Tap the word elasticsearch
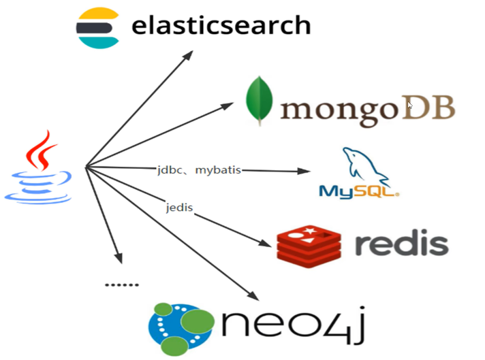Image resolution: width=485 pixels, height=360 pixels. [x=221, y=26]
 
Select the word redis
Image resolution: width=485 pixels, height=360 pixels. [x=403, y=243]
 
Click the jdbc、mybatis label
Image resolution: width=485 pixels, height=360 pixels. [x=198, y=169]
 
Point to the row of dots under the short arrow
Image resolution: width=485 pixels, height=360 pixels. [x=121, y=284]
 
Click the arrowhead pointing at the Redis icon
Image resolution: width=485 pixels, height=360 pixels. [x=268, y=243]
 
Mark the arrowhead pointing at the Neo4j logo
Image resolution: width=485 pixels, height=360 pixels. [x=253, y=296]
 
